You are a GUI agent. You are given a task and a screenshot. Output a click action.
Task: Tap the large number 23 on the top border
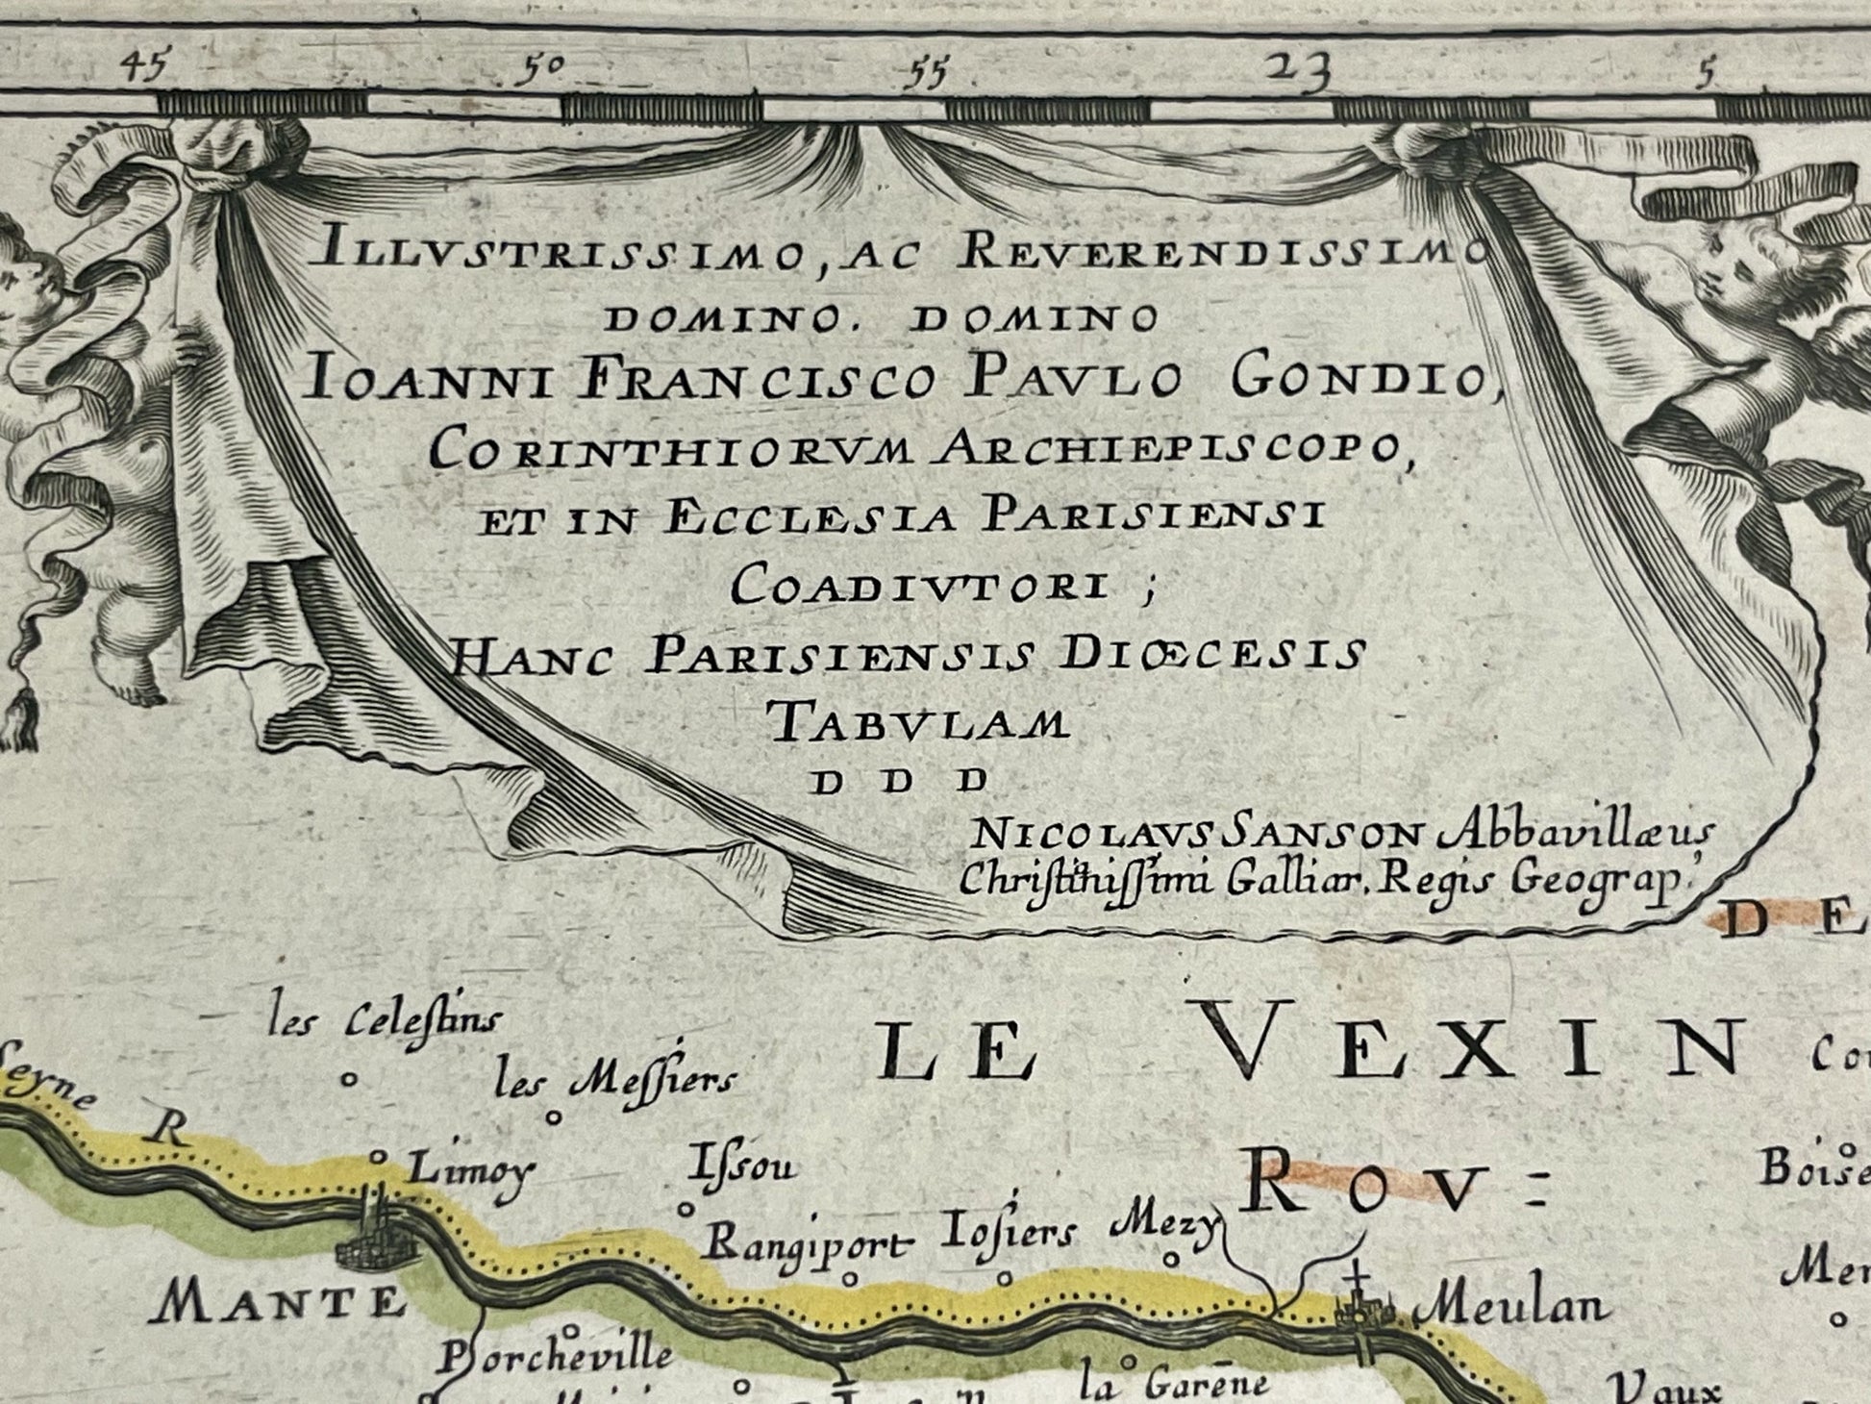(1299, 70)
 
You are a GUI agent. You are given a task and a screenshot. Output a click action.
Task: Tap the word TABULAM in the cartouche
(918, 721)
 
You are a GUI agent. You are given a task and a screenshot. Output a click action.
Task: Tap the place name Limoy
(470, 1170)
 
